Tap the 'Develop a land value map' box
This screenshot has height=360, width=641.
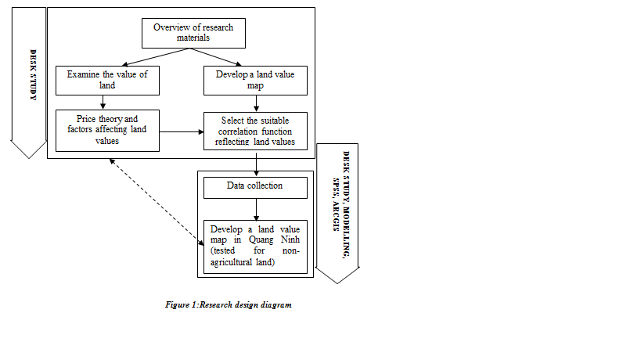pyautogui.click(x=254, y=81)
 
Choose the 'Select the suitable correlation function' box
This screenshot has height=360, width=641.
pyautogui.click(x=254, y=130)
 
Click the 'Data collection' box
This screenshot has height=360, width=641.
pyautogui.click(x=254, y=187)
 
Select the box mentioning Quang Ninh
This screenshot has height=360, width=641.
pyautogui.click(x=254, y=246)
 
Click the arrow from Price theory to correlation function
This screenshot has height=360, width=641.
pyautogui.click(x=179, y=131)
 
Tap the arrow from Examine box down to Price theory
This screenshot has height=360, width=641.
pyautogui.click(x=103, y=103)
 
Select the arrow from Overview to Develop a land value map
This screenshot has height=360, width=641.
pyautogui.click(x=223, y=58)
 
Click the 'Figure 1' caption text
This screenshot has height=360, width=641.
pyautogui.click(x=229, y=305)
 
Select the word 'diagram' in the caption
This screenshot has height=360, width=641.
pyautogui.click(x=276, y=305)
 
